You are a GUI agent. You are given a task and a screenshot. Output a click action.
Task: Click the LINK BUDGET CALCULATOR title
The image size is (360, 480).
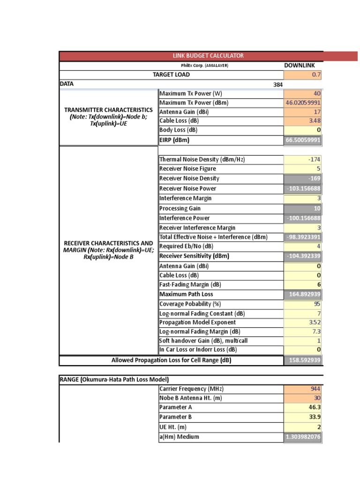(209, 56)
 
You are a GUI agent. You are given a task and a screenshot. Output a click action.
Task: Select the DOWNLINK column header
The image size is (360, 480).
(300, 66)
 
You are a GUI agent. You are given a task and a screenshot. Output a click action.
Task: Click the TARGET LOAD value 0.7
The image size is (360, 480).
(316, 75)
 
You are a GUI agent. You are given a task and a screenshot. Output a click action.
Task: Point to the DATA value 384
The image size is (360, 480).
(278, 85)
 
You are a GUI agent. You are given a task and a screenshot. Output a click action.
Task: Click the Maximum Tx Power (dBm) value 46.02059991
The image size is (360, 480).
(303, 103)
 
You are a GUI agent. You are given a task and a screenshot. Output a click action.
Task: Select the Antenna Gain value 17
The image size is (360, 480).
(317, 112)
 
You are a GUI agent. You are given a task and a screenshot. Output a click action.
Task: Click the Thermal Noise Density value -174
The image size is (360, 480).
(314, 159)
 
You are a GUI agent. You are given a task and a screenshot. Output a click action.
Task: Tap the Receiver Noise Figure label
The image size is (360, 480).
(187, 169)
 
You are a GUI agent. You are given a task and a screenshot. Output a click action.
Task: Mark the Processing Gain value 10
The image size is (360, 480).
(316, 209)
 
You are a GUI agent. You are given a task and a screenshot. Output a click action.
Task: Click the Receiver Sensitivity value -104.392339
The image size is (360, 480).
(303, 256)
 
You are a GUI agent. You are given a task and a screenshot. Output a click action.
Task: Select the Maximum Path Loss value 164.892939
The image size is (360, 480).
(303, 294)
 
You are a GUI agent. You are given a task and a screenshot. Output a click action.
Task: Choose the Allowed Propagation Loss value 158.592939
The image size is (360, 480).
(303, 360)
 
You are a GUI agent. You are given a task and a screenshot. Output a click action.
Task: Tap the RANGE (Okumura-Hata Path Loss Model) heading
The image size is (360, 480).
(114, 379)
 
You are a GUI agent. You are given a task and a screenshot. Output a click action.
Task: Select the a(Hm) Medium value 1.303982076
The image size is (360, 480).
(303, 437)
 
